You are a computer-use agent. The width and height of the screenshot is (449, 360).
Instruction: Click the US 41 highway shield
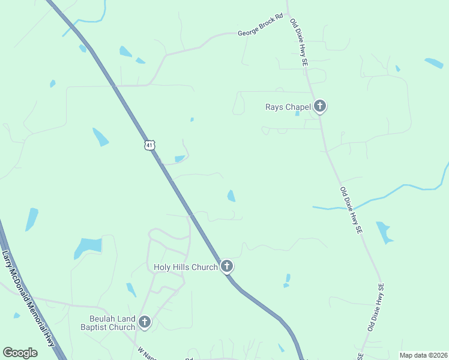point(149,145)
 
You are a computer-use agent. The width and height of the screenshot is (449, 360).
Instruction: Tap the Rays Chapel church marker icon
point(320,107)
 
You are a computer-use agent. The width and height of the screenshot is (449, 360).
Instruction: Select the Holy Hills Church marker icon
point(226,266)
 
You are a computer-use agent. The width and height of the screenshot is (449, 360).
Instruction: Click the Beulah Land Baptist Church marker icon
point(144,322)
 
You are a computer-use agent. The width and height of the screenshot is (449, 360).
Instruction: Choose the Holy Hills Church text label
point(185,267)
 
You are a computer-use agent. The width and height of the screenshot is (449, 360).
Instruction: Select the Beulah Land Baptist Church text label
point(108,323)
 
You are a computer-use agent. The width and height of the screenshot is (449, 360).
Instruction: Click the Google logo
point(20,353)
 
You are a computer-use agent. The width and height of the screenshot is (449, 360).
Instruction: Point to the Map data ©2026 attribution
point(423,355)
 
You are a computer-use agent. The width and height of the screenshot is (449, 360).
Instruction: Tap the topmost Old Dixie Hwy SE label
point(299,42)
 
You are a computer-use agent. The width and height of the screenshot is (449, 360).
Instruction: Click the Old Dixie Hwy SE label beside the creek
point(351,210)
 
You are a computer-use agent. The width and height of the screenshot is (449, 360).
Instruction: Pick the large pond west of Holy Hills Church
point(88,247)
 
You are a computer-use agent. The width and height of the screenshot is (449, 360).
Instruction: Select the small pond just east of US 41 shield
point(180,158)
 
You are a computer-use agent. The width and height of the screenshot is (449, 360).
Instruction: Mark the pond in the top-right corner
point(434,62)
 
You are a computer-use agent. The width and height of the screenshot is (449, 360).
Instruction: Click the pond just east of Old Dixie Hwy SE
point(383,232)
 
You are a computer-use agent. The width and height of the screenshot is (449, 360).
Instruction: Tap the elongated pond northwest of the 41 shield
point(100,137)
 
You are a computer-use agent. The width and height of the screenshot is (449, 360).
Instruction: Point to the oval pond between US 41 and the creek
point(231,196)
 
